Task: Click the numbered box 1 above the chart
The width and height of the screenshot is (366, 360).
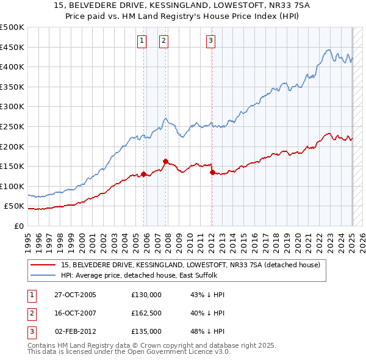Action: tap(142, 41)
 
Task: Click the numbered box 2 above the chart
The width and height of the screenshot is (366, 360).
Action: tap(164, 41)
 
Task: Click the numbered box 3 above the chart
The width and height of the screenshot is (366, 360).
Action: tap(210, 41)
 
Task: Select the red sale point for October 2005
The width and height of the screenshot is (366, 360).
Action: tap(144, 174)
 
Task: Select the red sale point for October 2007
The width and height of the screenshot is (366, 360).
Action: tap(165, 161)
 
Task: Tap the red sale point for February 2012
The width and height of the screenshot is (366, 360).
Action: tap(212, 172)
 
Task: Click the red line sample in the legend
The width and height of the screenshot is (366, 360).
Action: tap(44, 265)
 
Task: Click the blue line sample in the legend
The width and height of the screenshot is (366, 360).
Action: tap(44, 275)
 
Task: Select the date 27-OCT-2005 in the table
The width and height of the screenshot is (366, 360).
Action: tap(75, 295)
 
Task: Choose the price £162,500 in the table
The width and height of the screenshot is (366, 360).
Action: tap(146, 313)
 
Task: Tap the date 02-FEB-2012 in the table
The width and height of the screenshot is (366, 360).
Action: tap(75, 331)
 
